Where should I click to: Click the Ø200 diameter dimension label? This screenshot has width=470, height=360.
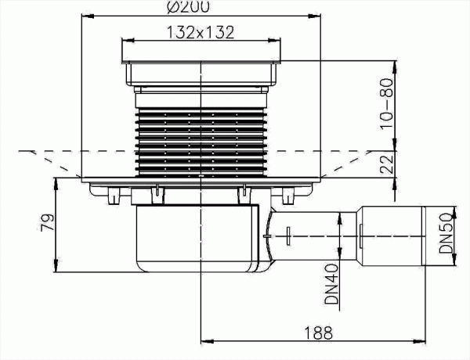(x=201, y=7)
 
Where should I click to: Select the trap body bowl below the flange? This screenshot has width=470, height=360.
(x=196, y=239)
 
